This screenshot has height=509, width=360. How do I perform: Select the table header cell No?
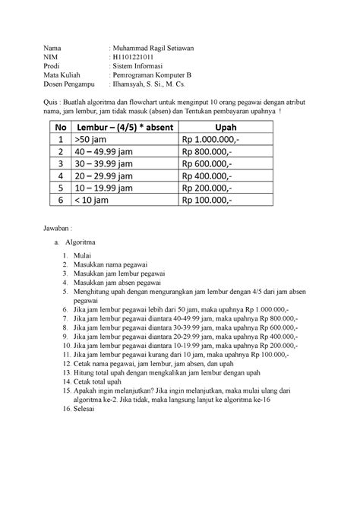(60, 128)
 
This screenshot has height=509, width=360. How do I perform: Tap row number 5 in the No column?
(60, 200)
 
